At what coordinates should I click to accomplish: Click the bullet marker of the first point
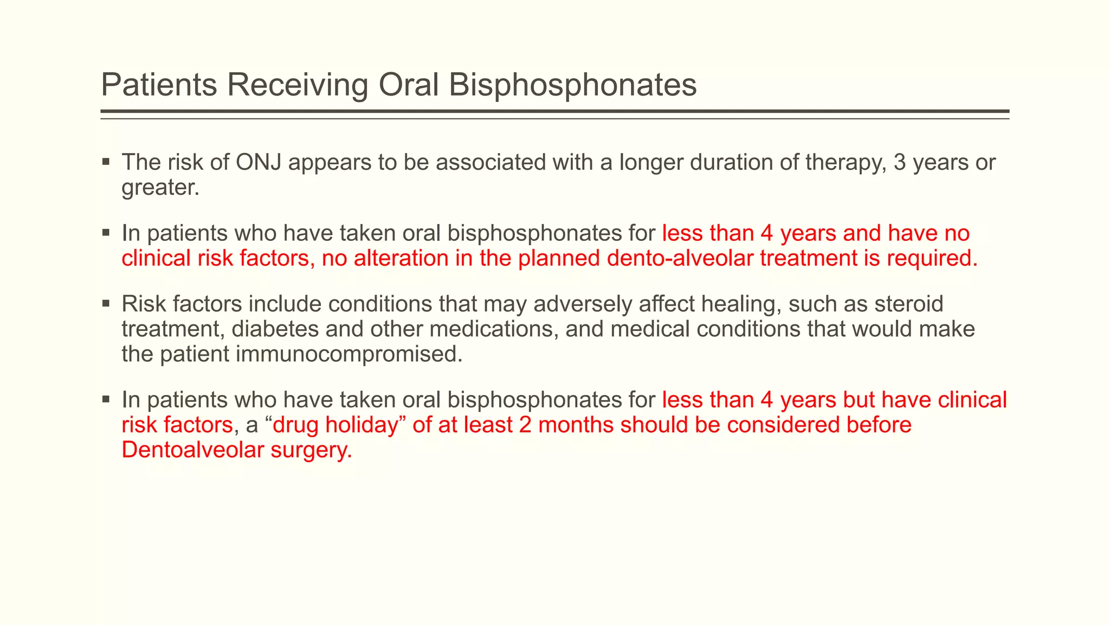click(x=106, y=162)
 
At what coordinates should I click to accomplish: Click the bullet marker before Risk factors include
click(x=106, y=303)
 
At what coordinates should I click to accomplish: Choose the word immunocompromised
click(x=349, y=354)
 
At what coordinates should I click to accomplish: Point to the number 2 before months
click(x=525, y=425)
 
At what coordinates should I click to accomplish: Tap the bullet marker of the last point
click(x=106, y=399)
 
